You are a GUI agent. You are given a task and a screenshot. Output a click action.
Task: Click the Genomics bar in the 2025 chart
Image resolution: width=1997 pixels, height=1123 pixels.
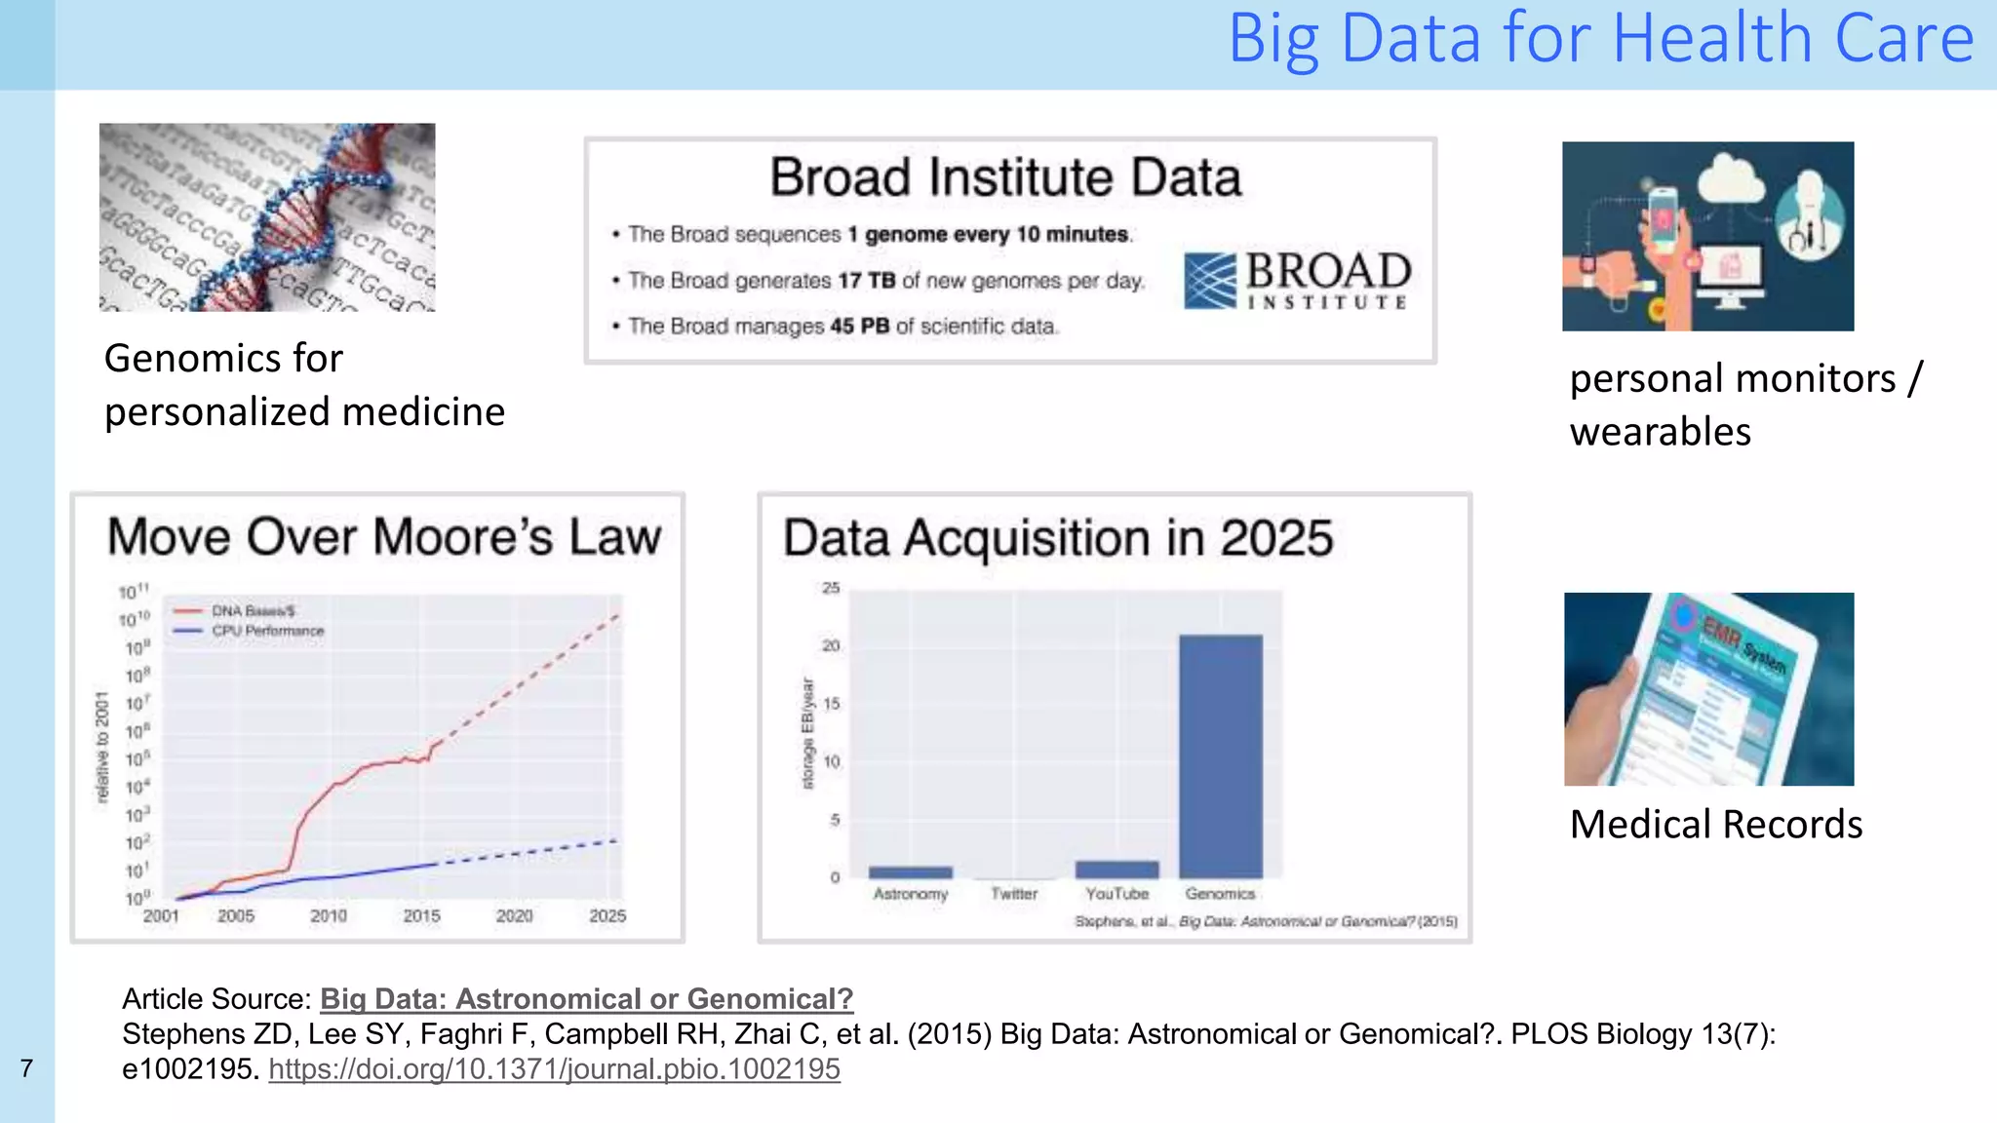pyautogui.click(x=1220, y=756)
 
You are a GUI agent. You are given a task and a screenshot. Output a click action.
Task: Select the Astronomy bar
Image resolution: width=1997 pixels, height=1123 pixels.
pyautogui.click(x=910, y=872)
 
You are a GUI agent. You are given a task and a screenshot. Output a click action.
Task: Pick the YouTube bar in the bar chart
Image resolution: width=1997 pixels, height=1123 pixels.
pyautogui.click(x=1116, y=870)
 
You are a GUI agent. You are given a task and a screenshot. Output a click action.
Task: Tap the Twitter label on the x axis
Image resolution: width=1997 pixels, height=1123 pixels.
pyautogui.click(x=1014, y=894)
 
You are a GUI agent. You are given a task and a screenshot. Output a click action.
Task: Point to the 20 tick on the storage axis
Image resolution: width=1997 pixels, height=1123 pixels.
pyautogui.click(x=831, y=645)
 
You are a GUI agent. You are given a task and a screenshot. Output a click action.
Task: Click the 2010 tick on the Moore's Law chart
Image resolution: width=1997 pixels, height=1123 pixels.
pyautogui.click(x=329, y=916)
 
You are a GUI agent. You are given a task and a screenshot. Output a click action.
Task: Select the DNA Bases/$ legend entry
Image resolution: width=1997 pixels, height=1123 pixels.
pyautogui.click(x=253, y=611)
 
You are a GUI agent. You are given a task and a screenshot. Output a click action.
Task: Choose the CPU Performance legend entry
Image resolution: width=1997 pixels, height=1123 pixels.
pyautogui.click(x=267, y=631)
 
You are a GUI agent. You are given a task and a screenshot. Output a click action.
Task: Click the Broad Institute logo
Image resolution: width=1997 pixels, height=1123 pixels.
pyautogui.click(x=1297, y=281)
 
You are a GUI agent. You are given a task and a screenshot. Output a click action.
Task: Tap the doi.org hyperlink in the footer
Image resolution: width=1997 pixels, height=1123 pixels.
pyautogui.click(x=554, y=1069)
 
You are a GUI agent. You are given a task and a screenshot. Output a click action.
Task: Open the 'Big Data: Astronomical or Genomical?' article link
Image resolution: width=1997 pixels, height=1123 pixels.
pyautogui.click(x=586, y=999)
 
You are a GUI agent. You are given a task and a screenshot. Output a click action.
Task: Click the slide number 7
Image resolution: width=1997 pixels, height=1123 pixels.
pyautogui.click(x=26, y=1069)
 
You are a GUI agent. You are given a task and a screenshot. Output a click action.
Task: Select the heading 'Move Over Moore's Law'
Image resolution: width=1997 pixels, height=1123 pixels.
pyautogui.click(x=384, y=537)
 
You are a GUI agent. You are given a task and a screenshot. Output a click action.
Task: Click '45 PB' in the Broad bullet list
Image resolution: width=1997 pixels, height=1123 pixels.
pyautogui.click(x=859, y=327)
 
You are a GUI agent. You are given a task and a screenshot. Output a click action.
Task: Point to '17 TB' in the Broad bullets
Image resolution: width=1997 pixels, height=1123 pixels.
pyautogui.click(x=866, y=281)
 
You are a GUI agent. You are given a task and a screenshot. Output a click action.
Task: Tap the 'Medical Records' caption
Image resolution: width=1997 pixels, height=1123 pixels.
pyautogui.click(x=1715, y=825)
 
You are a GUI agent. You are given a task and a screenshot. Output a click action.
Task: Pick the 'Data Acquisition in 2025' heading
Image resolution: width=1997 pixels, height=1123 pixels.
pyautogui.click(x=1058, y=539)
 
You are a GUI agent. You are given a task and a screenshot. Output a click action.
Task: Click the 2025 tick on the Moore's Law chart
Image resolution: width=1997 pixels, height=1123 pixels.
pyautogui.click(x=607, y=916)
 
